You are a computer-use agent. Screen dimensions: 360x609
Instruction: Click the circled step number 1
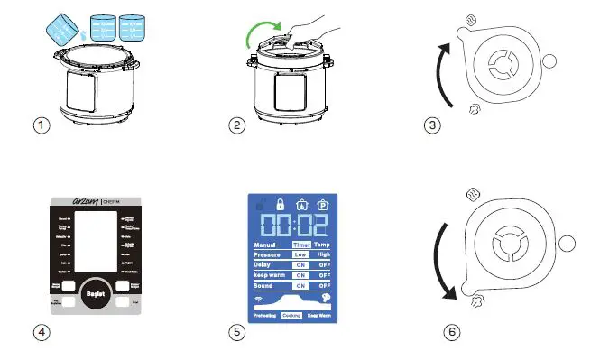[x=40, y=126]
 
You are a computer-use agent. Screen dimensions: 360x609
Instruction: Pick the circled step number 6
[x=452, y=332]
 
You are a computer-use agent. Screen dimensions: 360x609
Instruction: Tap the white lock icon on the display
[x=281, y=205]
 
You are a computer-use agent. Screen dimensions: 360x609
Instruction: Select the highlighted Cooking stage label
[x=291, y=316]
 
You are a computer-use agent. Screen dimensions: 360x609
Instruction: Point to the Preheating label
[x=265, y=316]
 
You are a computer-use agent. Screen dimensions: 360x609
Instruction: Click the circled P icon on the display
[x=322, y=205]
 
